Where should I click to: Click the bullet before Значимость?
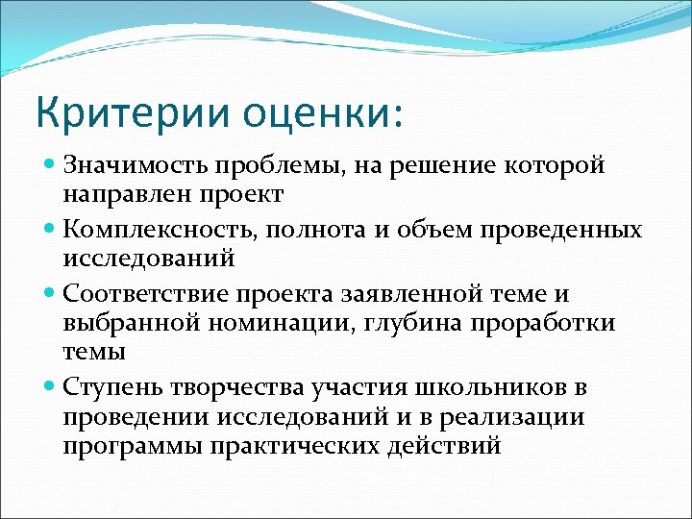(x=50, y=165)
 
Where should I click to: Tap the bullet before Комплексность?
(x=50, y=231)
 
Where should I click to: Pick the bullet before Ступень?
(x=50, y=386)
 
